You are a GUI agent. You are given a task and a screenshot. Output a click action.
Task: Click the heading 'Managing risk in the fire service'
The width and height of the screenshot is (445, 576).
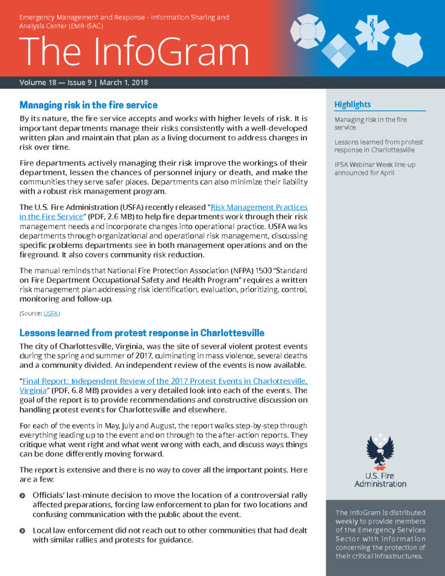pyautogui.click(x=88, y=105)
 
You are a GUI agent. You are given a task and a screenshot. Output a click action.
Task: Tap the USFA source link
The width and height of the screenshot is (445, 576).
pyautogui.click(x=51, y=313)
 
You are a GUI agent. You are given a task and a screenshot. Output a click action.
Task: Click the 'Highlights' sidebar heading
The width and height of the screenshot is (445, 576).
pyautogui.click(x=353, y=105)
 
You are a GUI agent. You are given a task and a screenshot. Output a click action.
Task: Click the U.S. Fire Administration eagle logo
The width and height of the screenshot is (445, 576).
pyautogui.click(x=380, y=451)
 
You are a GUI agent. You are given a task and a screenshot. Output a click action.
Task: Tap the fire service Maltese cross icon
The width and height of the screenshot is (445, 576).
pyautogui.click(x=308, y=32)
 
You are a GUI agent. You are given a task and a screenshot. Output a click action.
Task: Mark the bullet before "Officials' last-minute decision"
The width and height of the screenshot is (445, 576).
pyautogui.click(x=23, y=496)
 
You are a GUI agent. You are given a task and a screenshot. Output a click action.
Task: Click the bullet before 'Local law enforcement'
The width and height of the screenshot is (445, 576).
pyautogui.click(x=23, y=531)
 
